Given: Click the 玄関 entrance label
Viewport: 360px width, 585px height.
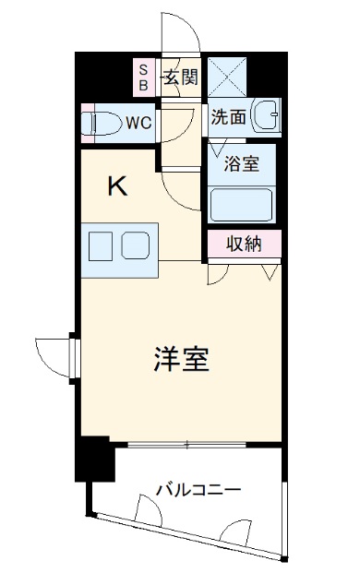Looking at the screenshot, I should [x=180, y=77].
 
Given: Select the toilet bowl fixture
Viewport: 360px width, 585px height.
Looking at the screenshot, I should [x=104, y=121].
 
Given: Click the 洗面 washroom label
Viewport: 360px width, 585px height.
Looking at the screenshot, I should [x=227, y=118].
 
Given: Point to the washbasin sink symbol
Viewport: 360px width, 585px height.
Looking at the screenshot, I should [x=267, y=116].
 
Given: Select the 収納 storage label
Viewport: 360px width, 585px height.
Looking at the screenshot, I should [x=244, y=245].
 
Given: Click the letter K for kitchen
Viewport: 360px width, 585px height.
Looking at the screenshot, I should [x=118, y=187].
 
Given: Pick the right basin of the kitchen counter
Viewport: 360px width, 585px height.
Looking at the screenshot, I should [x=135, y=246].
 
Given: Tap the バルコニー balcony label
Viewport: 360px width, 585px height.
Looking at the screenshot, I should [x=198, y=488].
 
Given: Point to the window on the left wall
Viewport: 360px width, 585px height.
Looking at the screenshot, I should [x=74, y=353].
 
